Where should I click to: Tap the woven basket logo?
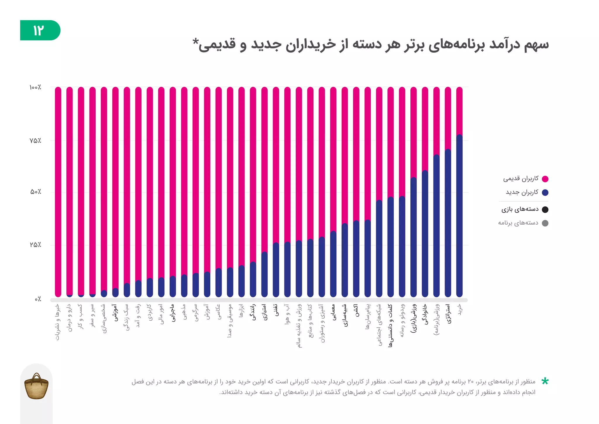[x=36, y=386]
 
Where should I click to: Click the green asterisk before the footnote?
[x=545, y=381]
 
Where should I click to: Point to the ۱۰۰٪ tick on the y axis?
[x=35, y=87]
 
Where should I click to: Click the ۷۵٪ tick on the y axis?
[x=35, y=141]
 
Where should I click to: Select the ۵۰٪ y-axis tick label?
[x=36, y=192]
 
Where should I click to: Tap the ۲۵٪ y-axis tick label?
[x=35, y=245]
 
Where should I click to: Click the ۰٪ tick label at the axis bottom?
[x=38, y=299]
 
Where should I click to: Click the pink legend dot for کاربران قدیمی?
[x=545, y=179]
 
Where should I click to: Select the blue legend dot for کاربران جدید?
[x=545, y=192]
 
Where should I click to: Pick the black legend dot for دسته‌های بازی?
[x=545, y=209]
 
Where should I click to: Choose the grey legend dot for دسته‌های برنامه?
[x=545, y=223]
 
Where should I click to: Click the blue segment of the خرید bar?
[x=459, y=217]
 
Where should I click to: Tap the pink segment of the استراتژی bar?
[x=448, y=117]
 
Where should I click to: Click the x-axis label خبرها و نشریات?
[x=58, y=322]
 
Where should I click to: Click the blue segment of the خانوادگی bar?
[x=425, y=234]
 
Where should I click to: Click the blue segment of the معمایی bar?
[x=333, y=264]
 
